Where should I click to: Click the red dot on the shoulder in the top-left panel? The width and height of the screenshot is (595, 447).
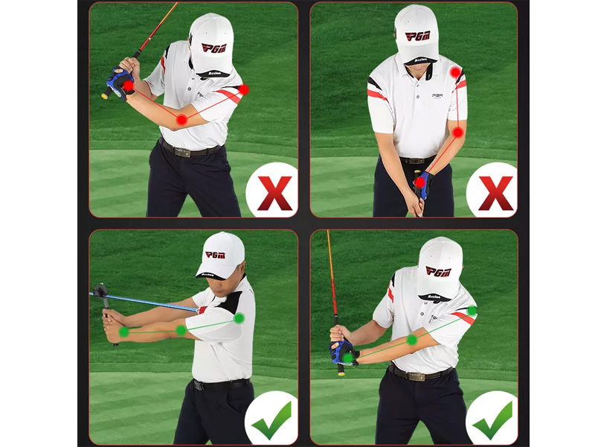point(244,89)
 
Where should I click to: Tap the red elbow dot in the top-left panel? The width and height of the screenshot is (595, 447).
point(181,119)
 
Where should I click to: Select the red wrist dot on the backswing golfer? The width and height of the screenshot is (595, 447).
point(128,86)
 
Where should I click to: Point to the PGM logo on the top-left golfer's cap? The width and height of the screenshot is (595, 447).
point(213,48)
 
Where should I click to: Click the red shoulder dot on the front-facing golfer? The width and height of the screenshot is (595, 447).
point(455,72)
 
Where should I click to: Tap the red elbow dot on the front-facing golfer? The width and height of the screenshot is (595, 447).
point(458,132)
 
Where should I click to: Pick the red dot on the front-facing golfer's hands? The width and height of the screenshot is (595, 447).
point(420,182)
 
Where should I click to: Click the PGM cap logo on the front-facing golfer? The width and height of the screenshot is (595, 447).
point(417,35)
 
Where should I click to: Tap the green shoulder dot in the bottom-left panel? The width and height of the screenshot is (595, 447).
point(239,318)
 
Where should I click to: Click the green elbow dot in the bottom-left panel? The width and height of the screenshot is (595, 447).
point(181,330)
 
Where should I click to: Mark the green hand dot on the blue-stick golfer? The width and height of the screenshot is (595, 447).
point(123,332)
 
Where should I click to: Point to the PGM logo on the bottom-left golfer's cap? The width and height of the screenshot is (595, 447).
point(215,255)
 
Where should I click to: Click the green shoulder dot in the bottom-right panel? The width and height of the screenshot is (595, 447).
point(472,311)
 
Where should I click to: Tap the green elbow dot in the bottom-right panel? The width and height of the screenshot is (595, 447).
point(411,340)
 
